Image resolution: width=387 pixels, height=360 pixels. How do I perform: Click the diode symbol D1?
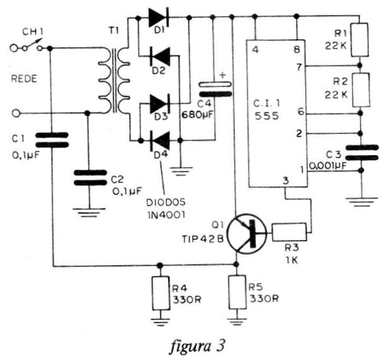pos(158,17)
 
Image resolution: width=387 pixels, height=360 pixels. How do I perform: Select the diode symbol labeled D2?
pos(160,56)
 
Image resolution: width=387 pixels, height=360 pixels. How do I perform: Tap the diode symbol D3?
pos(160,104)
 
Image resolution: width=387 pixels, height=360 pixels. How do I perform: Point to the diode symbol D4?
pos(160,141)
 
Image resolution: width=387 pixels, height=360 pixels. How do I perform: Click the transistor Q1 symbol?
pos(247,233)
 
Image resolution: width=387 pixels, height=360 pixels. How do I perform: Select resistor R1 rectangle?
pos(360,40)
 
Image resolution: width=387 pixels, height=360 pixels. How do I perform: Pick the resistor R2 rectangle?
pos(361,90)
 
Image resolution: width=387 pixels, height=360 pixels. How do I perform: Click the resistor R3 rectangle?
pos(289,232)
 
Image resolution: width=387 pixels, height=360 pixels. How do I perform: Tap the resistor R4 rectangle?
pos(161,293)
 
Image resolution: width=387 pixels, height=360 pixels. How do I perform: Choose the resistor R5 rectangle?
pos(238,292)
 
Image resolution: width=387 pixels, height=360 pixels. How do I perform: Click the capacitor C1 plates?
pos(52,140)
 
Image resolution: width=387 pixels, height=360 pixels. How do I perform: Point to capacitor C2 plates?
pos(90,178)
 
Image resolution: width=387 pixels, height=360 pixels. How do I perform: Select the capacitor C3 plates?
pos(362,153)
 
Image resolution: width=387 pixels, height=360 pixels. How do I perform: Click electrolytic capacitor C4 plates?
pos(215,90)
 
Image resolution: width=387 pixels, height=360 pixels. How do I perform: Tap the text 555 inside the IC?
pos(267,116)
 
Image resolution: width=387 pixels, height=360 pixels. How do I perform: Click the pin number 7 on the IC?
pos(299,67)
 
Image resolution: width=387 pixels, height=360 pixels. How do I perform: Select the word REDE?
pos(24,79)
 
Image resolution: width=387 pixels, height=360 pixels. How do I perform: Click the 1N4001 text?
pos(166,215)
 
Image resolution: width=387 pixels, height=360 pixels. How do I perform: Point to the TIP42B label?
pos(203,240)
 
